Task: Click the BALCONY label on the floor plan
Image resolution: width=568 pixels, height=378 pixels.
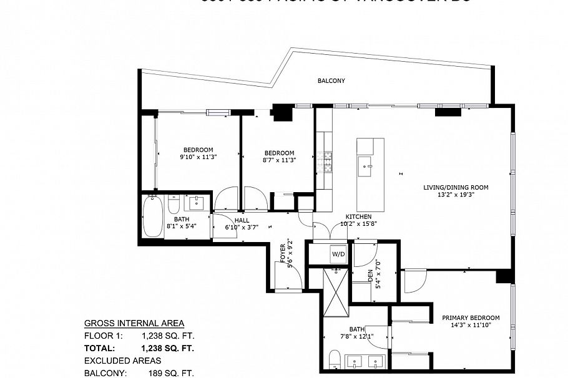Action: [331, 81]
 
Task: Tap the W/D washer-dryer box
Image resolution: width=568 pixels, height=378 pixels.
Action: [338, 254]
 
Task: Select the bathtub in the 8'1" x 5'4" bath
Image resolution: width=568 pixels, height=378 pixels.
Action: [152, 216]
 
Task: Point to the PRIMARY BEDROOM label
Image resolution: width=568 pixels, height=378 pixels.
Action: [471, 317]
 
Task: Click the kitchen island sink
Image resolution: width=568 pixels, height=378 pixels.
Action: [366, 165]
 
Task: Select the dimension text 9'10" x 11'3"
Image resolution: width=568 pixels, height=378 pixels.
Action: [198, 157]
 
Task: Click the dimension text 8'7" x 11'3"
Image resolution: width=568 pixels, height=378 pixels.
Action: [279, 160]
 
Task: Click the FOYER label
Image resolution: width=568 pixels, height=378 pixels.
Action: [282, 252]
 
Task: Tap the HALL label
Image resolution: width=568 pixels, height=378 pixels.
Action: [242, 220]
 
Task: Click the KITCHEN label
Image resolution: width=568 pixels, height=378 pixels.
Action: [358, 216]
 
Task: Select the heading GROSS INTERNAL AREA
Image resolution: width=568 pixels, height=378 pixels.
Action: [134, 323]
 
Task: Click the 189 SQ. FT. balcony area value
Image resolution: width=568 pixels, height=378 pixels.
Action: [168, 373]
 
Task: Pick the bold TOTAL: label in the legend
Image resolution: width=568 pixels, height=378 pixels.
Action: [100, 348]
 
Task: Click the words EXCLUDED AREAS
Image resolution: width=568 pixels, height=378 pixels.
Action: [122, 361]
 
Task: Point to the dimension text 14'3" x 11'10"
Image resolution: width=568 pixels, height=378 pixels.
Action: [471, 325]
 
